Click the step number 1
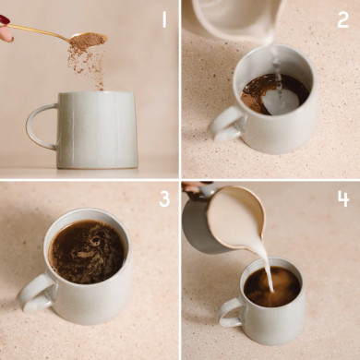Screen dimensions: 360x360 click(164, 18)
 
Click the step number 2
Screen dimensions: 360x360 click(342, 19)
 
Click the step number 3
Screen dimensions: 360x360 click(164, 198)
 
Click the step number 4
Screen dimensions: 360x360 click(342, 198)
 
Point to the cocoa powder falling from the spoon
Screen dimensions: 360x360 click(88, 61)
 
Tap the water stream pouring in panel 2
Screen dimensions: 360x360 click(275, 65)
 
